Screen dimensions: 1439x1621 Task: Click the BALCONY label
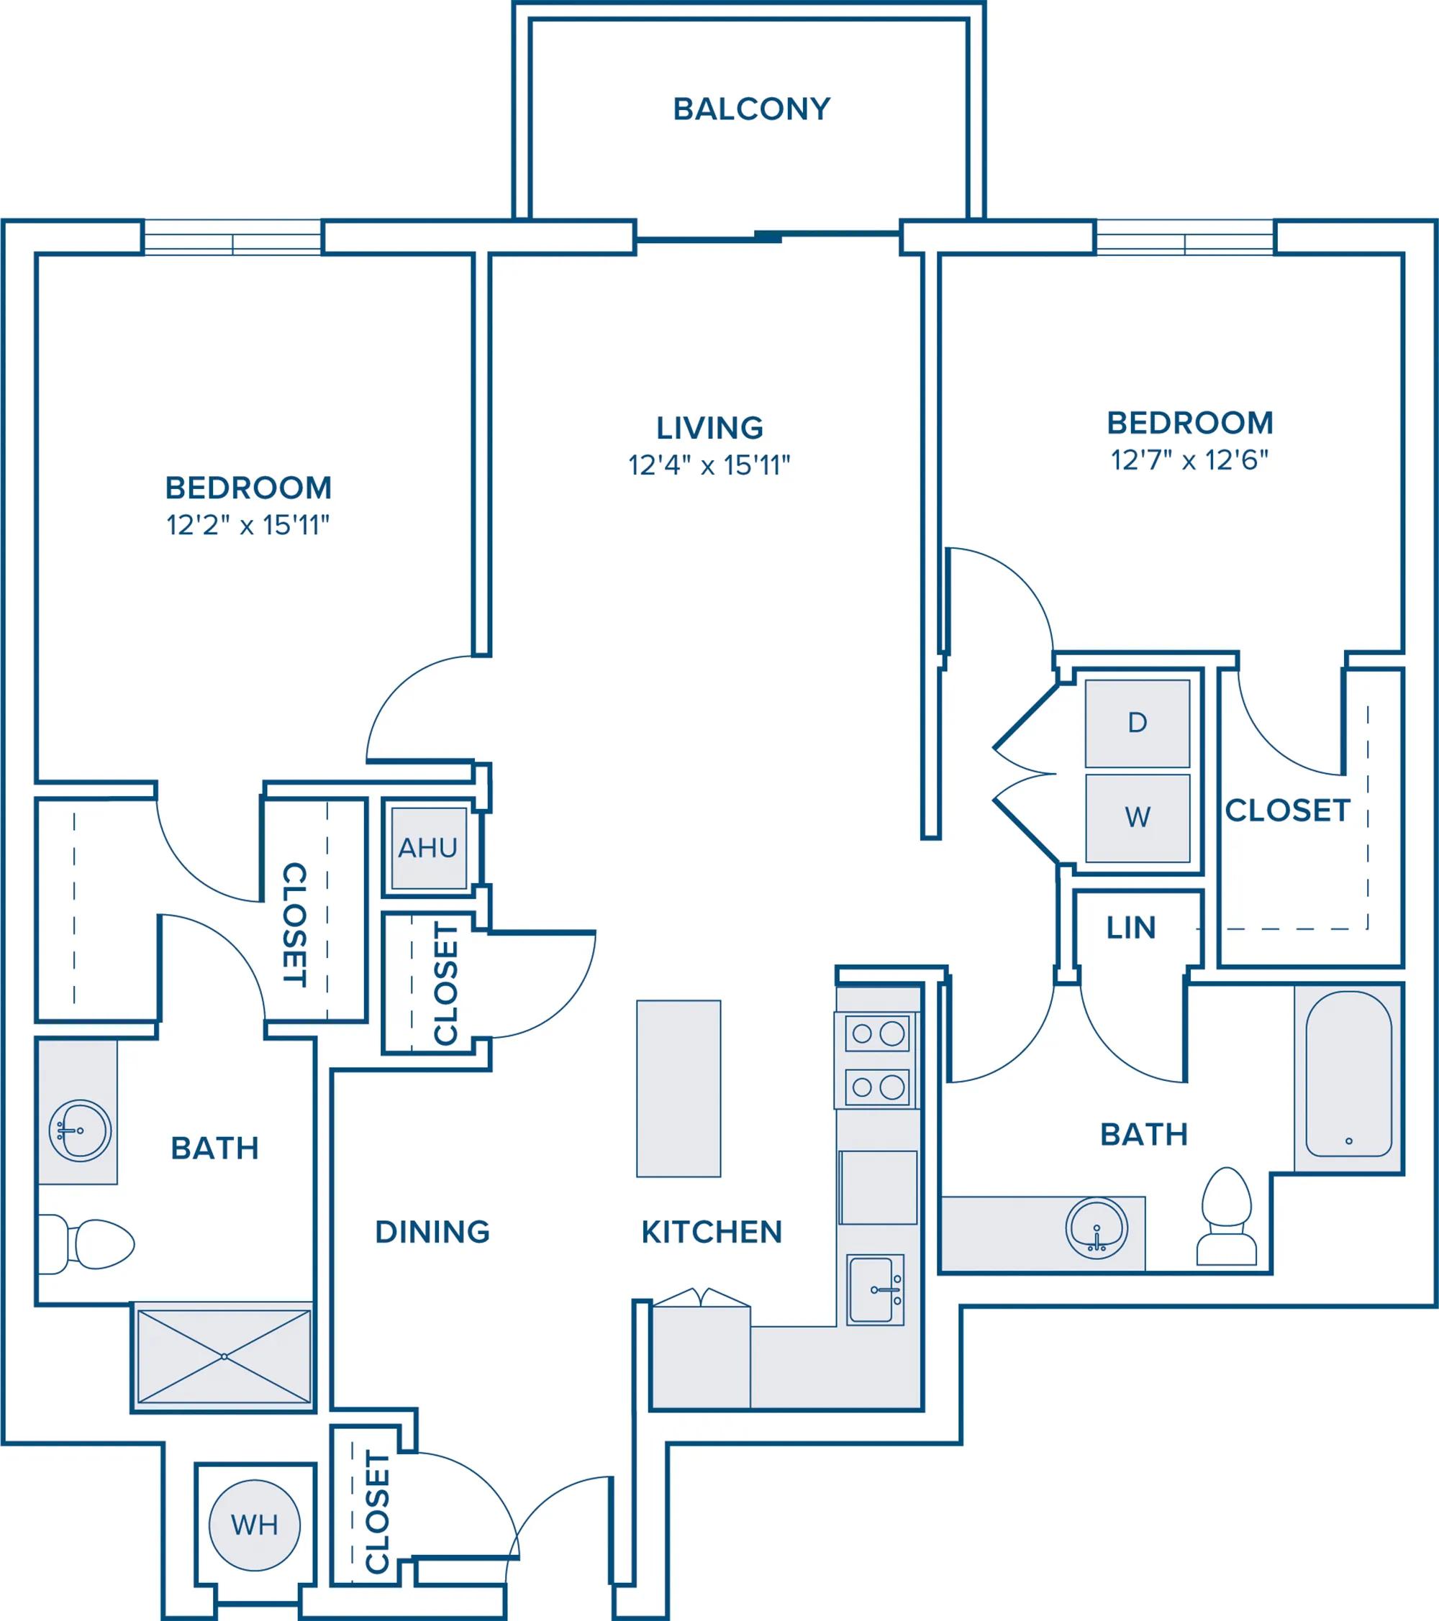point(751,109)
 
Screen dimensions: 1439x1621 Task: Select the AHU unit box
point(428,848)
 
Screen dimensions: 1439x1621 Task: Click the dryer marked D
point(1138,723)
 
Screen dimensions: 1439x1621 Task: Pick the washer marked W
point(1138,818)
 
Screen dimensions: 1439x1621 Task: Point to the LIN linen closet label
point(1130,928)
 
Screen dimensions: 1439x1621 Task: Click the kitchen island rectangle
point(678,1088)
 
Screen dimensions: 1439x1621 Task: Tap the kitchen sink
point(875,1289)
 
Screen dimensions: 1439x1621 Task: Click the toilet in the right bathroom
point(1227,1217)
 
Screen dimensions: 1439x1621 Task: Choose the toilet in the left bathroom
point(86,1244)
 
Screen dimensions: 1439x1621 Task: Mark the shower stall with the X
point(224,1356)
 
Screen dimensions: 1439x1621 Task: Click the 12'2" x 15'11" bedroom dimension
point(248,525)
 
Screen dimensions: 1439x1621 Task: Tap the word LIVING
point(709,428)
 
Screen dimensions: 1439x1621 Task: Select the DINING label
point(432,1232)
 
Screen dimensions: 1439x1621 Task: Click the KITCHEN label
point(712,1232)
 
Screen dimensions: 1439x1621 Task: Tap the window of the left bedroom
point(232,237)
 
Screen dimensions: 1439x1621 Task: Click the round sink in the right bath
point(1097,1228)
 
